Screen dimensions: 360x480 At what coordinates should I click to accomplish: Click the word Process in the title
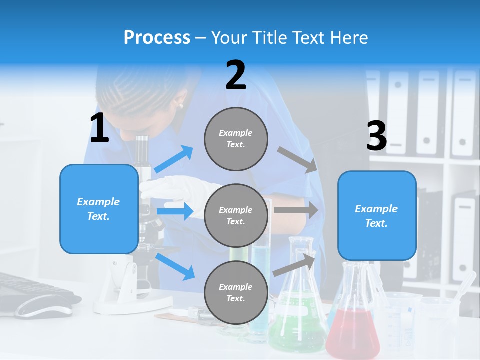click(157, 38)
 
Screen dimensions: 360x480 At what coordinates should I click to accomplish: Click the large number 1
click(99, 128)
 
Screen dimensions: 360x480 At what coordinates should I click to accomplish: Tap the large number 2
click(236, 75)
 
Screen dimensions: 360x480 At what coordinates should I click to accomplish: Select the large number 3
click(376, 136)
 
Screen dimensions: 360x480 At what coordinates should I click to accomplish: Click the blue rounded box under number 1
click(99, 209)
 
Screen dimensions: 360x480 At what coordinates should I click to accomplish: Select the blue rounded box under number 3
click(377, 215)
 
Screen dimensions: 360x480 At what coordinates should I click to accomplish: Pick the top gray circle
click(236, 139)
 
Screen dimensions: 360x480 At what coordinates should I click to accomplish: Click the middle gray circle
click(236, 215)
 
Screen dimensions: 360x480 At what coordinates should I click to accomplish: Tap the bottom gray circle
click(236, 292)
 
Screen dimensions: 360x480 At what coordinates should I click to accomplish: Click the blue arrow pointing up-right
click(174, 159)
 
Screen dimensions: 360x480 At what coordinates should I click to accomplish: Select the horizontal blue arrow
click(175, 211)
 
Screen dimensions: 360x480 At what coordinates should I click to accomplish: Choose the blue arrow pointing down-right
click(176, 266)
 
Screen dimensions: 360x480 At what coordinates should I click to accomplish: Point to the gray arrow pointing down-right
click(297, 159)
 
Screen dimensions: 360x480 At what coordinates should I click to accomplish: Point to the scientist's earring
click(180, 105)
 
